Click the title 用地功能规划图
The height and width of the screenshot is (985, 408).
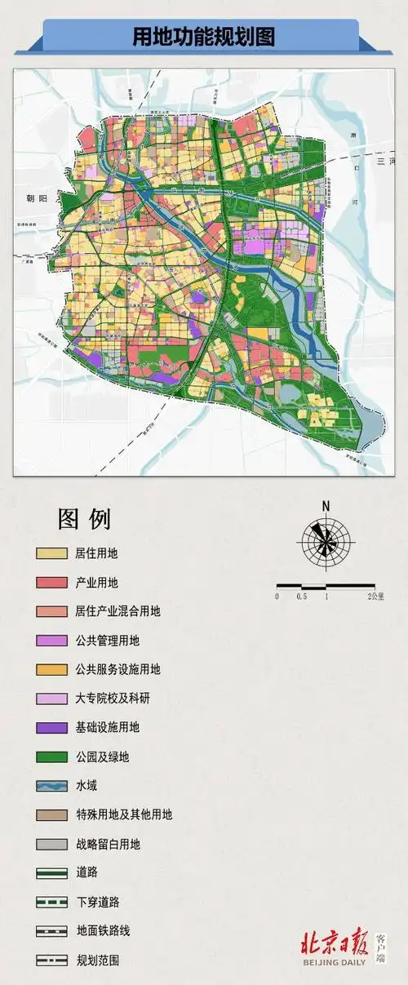204,37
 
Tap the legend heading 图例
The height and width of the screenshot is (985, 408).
84,519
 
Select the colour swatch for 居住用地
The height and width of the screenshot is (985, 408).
51,553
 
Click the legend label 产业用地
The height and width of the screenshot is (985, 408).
96,583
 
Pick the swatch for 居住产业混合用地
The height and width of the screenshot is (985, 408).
51,611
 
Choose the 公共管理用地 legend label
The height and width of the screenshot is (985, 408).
107,641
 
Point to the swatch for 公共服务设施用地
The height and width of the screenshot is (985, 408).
51,670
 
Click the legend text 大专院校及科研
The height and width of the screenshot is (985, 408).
113,699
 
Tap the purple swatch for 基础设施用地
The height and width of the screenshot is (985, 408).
51,728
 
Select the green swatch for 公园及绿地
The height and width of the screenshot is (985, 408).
51,757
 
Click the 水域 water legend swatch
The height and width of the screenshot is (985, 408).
51,786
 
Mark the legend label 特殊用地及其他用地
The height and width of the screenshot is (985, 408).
123,814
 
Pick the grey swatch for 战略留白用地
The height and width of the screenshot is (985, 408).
51,845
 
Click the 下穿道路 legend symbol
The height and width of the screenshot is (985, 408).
51,903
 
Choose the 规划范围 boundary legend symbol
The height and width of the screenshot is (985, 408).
51,961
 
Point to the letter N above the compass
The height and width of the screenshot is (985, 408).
326,506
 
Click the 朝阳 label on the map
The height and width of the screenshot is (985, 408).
28,198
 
